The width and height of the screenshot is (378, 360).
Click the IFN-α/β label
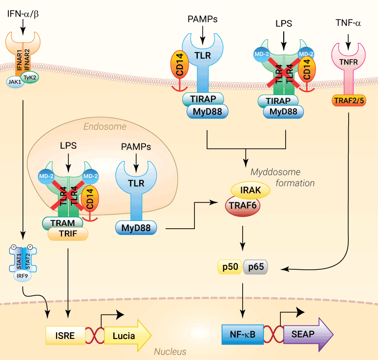pyautogui.click(x=23, y=13)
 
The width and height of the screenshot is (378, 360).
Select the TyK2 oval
pyautogui.click(x=31, y=78)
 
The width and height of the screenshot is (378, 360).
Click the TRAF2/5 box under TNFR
pyautogui.click(x=349, y=100)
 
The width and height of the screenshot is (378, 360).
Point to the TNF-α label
pyautogui.click(x=348, y=22)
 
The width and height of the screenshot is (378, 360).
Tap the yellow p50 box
pyautogui.click(x=230, y=267)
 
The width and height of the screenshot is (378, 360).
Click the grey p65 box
pyautogui.click(x=255, y=267)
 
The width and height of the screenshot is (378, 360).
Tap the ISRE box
pyautogui.click(x=64, y=336)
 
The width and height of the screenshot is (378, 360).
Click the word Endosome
pyautogui.click(x=105, y=127)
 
